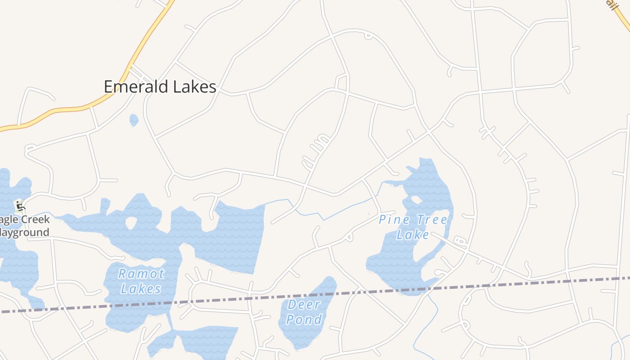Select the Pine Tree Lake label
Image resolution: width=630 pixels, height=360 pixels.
coord(413,227)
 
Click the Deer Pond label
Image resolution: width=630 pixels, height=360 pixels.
coord(304,312)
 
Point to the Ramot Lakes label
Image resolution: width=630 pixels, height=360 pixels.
coord(141,281)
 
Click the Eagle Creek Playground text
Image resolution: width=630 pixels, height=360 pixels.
coord(25,226)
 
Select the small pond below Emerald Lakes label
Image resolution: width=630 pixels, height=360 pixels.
coord(134,120)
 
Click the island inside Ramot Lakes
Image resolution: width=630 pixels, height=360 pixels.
coord(131,222)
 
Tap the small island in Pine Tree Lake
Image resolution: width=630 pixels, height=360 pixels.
coord(416,199)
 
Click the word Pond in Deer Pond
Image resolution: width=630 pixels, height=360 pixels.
coord(304,319)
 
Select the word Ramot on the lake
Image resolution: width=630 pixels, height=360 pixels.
coord(141,274)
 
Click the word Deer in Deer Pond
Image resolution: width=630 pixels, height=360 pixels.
coord(304,305)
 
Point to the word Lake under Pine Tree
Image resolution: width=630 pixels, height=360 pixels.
coord(413,234)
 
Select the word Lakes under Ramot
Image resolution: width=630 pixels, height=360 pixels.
coord(141,288)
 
